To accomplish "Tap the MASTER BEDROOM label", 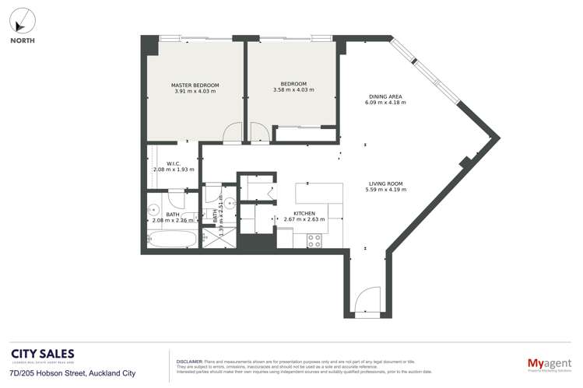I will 195,85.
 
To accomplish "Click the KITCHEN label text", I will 304,213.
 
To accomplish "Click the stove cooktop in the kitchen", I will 314,241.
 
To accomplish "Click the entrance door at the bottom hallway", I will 365,302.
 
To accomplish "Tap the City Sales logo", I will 43,355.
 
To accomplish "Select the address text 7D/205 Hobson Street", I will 72,373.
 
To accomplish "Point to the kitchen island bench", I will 319,192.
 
